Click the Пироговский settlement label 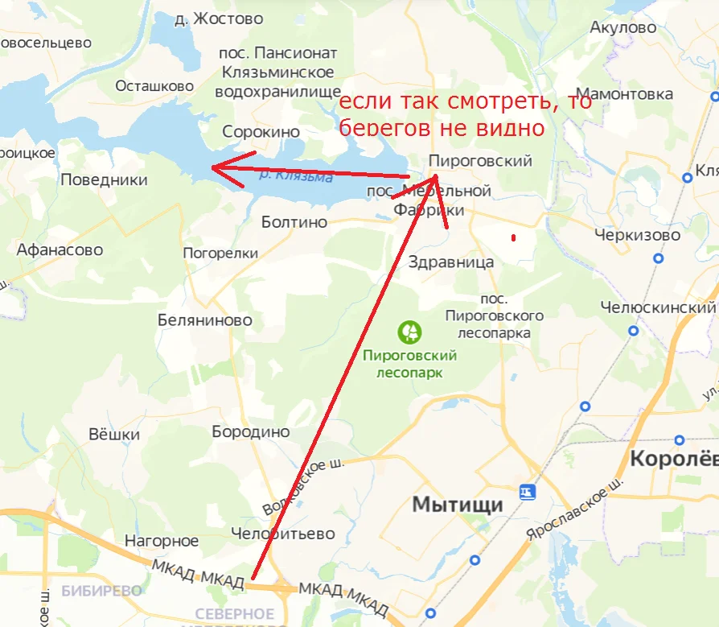point(480,161)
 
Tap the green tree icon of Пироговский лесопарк point(410,331)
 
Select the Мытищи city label point(457,505)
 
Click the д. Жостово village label point(218,19)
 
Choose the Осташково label point(155,86)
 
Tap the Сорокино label point(261,132)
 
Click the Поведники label point(105,180)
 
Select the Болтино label point(294,222)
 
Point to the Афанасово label point(60,250)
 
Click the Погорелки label point(220,254)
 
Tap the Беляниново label point(204,320)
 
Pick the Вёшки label point(113,435)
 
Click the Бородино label point(250,432)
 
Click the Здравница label point(451,262)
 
